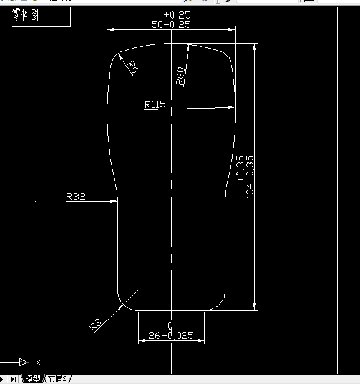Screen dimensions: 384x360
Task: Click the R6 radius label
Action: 131,66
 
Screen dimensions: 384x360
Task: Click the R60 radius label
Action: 180,76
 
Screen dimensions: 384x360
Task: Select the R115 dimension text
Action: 155,104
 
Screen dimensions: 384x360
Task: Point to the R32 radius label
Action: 75,197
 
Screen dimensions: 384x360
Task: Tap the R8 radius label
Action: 95,323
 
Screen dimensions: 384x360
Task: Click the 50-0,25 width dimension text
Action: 171,24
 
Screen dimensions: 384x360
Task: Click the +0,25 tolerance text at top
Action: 177,14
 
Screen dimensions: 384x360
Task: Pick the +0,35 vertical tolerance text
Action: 241,169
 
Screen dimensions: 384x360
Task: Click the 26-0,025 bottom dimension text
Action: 171,336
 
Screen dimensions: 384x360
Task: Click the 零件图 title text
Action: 26,15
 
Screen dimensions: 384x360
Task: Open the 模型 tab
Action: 32,378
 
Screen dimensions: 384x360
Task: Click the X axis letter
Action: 38,362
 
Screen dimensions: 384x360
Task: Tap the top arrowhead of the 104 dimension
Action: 254,47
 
